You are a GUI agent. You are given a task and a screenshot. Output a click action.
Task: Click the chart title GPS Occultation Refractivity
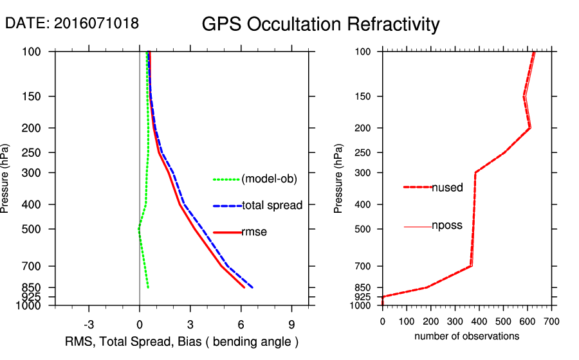click(320, 24)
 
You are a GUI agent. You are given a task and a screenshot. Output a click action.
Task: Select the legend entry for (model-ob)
click(269, 179)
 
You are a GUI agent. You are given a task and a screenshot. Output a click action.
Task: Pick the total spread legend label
click(272, 206)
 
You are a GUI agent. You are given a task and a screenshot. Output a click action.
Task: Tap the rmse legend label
click(253, 232)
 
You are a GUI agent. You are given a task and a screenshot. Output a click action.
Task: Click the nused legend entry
click(447, 188)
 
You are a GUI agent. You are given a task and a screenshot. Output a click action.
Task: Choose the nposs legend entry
click(446, 226)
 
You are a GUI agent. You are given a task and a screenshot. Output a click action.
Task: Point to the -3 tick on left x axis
click(89, 324)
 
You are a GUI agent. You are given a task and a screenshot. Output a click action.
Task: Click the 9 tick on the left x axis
click(292, 324)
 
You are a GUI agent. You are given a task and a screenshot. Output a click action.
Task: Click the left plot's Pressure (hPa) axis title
click(6, 178)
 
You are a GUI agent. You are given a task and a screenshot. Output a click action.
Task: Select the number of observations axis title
click(466, 336)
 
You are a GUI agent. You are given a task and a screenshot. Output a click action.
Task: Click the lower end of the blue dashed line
click(253, 287)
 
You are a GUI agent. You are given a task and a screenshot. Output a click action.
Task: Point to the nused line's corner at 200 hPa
click(529, 128)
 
